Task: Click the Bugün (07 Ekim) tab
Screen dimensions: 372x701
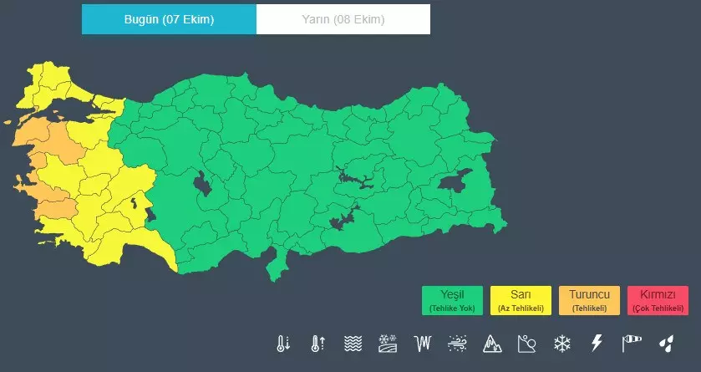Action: coord(169,19)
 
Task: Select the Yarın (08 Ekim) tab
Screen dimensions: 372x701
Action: coord(343,19)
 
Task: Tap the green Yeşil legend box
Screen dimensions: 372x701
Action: coord(452,300)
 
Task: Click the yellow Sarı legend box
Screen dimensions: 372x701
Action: coord(521,300)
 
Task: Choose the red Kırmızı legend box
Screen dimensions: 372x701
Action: coord(658,300)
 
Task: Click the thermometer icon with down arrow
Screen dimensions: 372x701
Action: coord(283,343)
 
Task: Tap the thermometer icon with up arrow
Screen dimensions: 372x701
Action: coord(317,343)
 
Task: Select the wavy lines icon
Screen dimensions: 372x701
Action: coord(353,343)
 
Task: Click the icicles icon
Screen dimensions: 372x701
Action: coord(424,343)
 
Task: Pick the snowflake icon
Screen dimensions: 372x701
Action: coord(561,343)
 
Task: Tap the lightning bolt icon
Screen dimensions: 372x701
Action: coord(597,343)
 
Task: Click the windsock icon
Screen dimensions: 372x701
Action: coord(631,343)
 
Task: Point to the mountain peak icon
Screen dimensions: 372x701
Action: coord(491,343)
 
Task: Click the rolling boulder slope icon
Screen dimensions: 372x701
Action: coord(526,343)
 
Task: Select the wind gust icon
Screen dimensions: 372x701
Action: coord(457,343)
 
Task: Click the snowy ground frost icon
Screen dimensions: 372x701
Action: coord(388,343)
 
